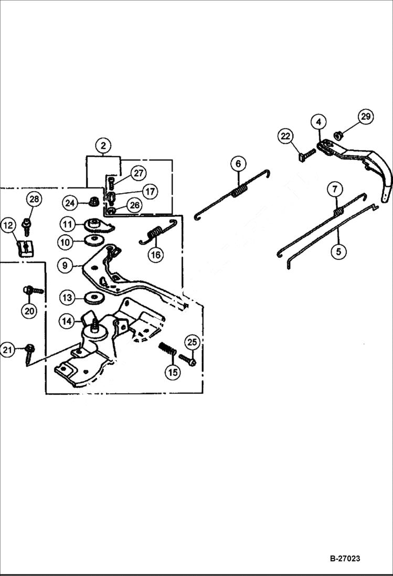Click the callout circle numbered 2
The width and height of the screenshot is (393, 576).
pos(103,145)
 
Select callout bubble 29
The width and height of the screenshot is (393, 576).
pos(366,117)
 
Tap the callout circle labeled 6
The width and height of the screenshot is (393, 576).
pos(238,164)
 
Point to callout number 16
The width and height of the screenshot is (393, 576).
pos(156,255)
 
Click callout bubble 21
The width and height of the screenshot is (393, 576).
pos(7,349)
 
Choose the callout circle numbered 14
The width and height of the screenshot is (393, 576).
pos(67,321)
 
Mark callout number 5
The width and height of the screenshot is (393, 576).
pos(338,252)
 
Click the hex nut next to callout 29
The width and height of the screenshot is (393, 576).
pos(339,135)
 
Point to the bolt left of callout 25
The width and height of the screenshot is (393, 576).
pos(187,360)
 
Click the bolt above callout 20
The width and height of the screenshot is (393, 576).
pos(33,290)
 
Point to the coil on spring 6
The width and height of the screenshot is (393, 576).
pos(239,190)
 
